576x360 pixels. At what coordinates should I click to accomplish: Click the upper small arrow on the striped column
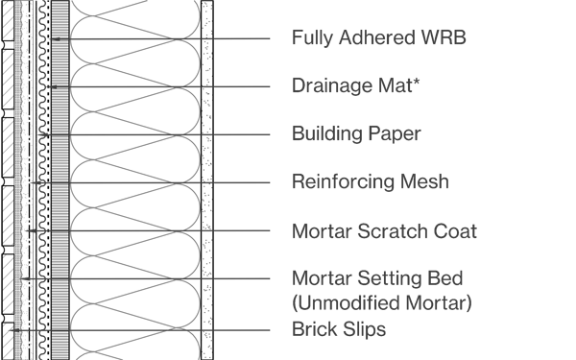(58, 39)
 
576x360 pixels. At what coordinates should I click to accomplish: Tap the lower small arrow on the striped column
(55, 87)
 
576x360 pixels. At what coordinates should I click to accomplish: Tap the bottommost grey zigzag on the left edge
(8, 341)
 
